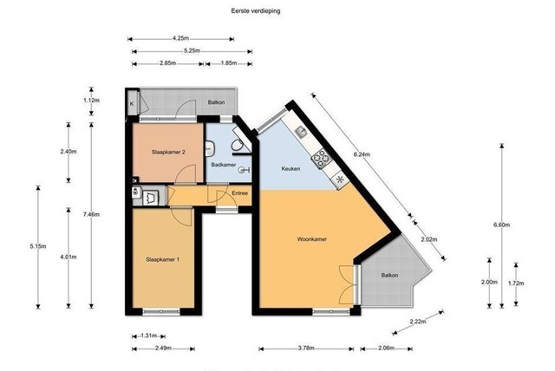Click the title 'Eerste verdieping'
pos(256,11)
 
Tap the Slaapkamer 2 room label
pos(168,153)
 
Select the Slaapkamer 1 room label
pos(162,259)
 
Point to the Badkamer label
pos(224,165)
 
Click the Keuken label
pos(291,169)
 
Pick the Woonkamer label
pos(312,239)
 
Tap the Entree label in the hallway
pos(239,193)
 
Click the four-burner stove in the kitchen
pos(322,158)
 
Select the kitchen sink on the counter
pos(302,133)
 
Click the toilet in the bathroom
pos(237,145)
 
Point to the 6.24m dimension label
pos(362,154)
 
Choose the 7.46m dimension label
pos(91,214)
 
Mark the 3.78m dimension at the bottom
pos(306,348)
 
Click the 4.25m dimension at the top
pos(180,38)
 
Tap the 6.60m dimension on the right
pos(501,225)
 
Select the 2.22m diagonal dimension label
pos(418,322)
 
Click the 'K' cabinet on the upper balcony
pos(132,103)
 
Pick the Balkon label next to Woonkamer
pos(389,275)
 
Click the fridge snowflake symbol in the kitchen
pos(340,179)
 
